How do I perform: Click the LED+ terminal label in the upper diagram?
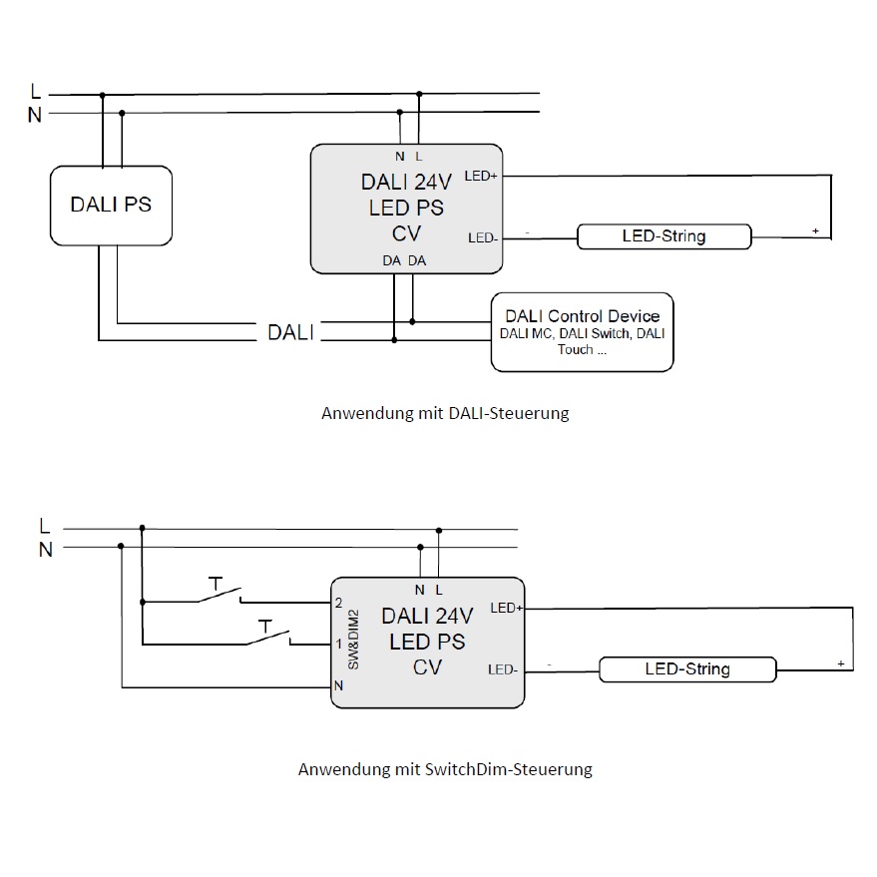[x=481, y=177]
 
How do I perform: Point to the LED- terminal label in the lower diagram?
[x=502, y=669]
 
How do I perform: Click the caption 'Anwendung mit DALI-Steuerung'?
[x=445, y=413]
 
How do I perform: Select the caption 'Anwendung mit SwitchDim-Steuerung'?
[x=445, y=769]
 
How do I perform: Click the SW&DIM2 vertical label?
[x=353, y=640]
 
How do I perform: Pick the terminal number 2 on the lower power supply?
[x=338, y=603]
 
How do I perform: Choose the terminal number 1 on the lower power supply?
[x=338, y=645]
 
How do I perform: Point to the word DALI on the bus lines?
[x=291, y=332]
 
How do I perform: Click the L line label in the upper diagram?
[x=35, y=91]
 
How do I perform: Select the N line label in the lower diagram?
[x=45, y=550]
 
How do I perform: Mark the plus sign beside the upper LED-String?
[x=815, y=230]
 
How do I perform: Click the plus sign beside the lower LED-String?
[x=841, y=663]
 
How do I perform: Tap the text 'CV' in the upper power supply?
[x=406, y=233]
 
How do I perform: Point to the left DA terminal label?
[x=391, y=260]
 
